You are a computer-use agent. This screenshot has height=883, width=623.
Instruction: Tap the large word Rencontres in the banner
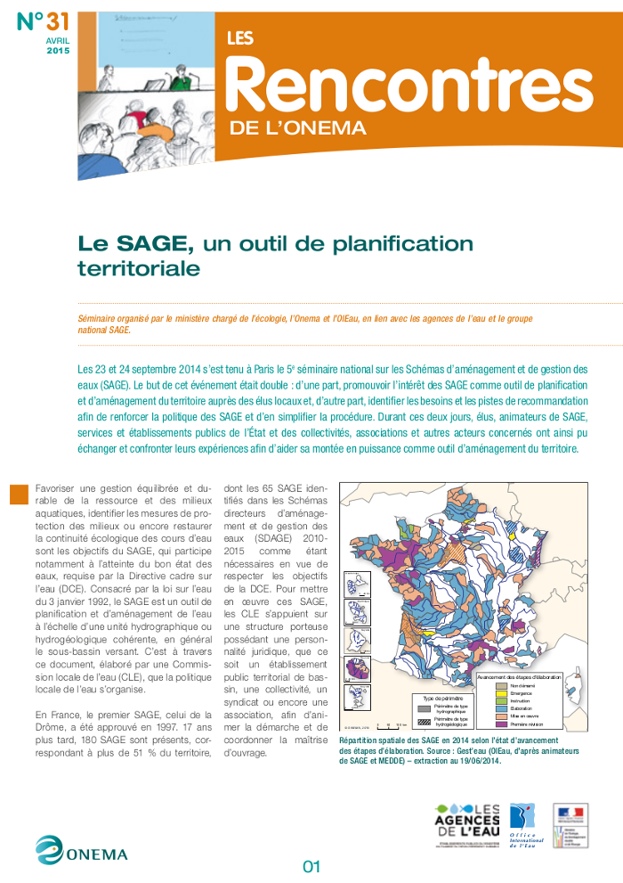[410, 85]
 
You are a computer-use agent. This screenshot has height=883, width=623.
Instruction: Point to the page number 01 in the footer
[311, 866]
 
